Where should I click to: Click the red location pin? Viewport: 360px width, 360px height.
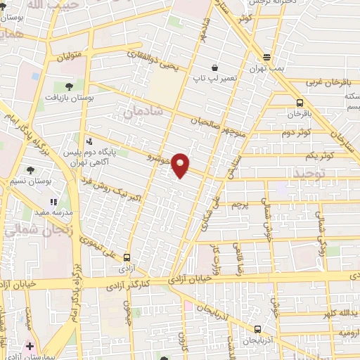coord(181,165)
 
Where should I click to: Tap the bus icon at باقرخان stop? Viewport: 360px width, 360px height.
coord(300,102)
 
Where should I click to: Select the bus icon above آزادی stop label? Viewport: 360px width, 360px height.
coord(127,257)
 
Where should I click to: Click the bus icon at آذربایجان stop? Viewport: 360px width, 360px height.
coord(257,329)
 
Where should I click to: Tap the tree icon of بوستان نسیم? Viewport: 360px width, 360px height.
coord(30,169)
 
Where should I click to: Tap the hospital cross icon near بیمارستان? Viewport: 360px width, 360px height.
coord(30,346)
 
